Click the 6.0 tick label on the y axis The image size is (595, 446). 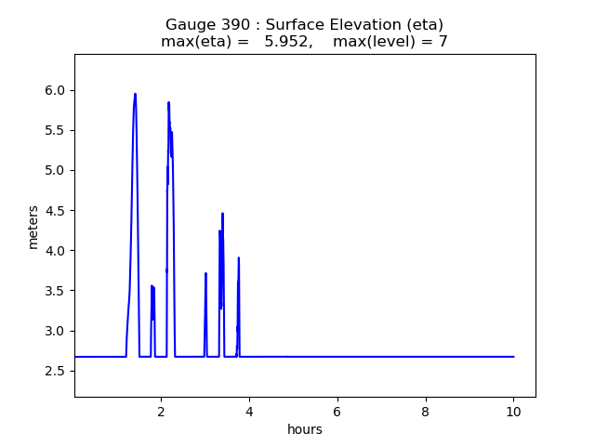point(55,90)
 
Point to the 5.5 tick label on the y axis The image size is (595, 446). point(55,130)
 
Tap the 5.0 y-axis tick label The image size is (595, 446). point(55,170)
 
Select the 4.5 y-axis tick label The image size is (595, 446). point(55,210)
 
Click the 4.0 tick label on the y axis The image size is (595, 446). point(55,251)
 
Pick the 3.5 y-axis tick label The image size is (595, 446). point(55,291)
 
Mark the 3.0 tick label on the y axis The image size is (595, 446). point(55,331)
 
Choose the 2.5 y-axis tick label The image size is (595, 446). point(55,371)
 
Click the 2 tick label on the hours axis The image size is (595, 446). point(161,411)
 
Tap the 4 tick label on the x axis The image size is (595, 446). point(249,411)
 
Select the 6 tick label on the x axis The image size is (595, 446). point(337,411)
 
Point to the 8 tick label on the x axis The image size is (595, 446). point(426,411)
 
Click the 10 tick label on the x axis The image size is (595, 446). point(514,411)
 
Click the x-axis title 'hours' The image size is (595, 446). point(305,429)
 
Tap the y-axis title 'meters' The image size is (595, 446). point(33,227)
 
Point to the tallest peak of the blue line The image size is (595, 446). point(135,94)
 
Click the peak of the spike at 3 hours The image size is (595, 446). point(205,273)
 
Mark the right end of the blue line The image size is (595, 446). point(513,357)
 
